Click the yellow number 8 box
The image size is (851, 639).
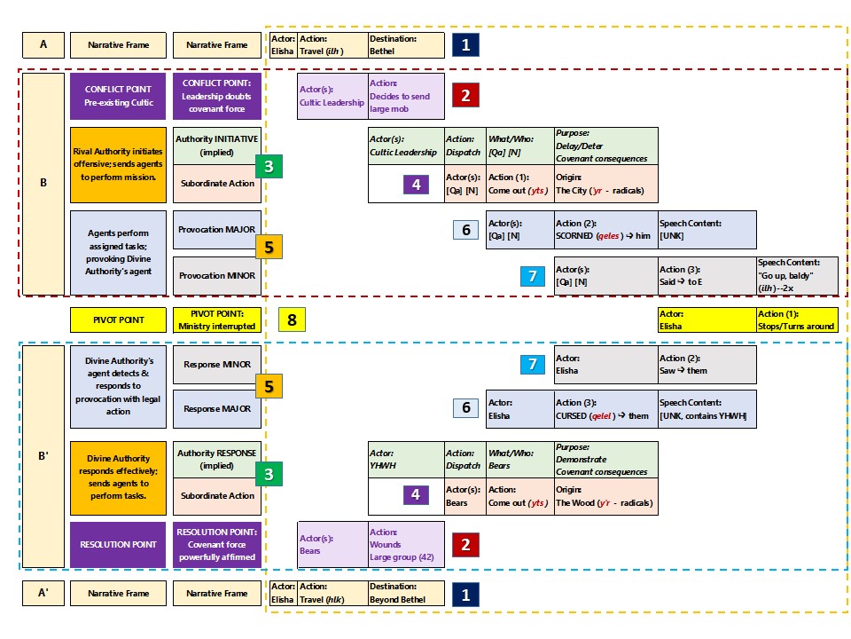(292, 319)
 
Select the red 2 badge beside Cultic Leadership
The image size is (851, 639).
(465, 96)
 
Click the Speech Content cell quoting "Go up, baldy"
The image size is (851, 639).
(797, 275)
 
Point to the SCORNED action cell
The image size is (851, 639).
(606, 230)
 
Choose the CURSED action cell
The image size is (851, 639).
(606, 409)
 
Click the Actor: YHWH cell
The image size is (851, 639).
(406, 459)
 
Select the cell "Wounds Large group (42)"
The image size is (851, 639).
(406, 544)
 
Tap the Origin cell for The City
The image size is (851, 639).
(606, 185)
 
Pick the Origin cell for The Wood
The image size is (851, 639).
(606, 496)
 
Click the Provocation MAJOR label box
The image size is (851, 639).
(217, 230)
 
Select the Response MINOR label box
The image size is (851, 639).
(217, 365)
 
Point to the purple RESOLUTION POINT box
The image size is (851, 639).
(118, 544)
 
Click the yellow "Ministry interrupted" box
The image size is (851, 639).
(217, 319)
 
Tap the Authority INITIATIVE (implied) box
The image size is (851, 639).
(217, 146)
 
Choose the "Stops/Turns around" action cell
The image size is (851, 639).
(797, 319)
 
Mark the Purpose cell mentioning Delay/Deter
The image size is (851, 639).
(606, 146)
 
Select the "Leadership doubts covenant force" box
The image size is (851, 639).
(217, 96)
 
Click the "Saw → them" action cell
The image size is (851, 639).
(707, 365)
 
